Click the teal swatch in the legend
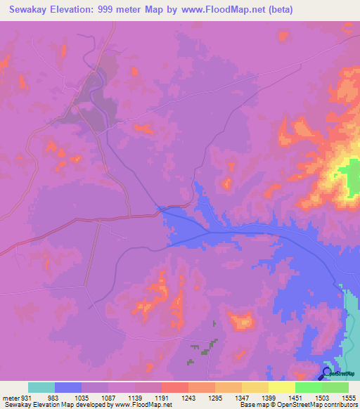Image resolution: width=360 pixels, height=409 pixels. [41, 387]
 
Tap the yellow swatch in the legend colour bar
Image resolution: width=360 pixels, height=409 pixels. [281, 387]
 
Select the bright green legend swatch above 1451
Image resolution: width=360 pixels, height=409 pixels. [308, 387]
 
